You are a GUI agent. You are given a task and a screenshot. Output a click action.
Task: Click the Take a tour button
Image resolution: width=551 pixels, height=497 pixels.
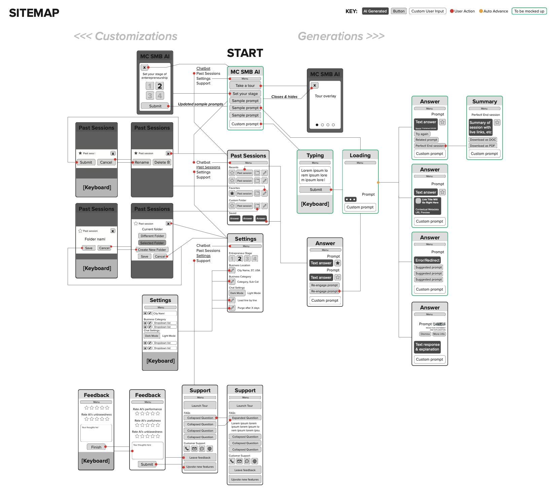pos(245,86)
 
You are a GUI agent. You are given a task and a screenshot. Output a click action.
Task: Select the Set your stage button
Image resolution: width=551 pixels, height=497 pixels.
pos(245,94)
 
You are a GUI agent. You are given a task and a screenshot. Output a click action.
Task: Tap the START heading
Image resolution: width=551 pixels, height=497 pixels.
pos(245,53)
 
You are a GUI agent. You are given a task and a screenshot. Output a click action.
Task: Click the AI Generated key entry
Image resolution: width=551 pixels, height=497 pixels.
pos(375,11)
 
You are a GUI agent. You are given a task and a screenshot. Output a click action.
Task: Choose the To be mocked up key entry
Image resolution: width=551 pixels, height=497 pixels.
pos(529,11)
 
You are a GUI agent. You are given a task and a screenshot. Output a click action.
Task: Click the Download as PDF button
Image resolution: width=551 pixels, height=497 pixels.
pos(482,146)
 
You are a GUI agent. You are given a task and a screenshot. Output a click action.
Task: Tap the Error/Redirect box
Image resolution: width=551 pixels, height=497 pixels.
pos(427,260)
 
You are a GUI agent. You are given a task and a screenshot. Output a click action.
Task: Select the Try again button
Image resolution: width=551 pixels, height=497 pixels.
pos(422,134)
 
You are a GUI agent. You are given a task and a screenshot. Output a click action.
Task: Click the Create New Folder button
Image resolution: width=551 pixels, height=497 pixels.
pos(152,250)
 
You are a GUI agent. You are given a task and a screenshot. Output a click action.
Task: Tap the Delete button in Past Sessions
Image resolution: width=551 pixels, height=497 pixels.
pos(162,162)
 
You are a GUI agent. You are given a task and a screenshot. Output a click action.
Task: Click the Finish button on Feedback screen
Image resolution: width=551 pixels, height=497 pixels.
pos(96,447)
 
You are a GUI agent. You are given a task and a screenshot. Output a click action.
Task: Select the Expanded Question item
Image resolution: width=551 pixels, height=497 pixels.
pos(245,418)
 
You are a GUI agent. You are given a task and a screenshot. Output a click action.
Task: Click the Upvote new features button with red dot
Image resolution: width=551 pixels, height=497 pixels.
pos(200,467)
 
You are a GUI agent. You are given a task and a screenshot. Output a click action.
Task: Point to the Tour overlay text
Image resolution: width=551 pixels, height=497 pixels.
pos(325,96)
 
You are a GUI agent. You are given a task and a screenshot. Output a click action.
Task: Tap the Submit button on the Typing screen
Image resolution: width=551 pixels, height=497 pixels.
pos(316,190)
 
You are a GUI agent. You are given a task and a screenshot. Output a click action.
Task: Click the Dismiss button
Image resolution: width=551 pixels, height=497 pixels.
pos(425,334)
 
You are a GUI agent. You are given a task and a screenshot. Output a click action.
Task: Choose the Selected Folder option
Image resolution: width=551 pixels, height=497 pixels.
pos(152,243)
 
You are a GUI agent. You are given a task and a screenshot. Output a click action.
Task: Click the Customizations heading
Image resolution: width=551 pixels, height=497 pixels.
pos(125,36)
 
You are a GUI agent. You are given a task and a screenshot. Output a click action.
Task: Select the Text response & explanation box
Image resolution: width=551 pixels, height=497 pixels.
pos(427,347)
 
